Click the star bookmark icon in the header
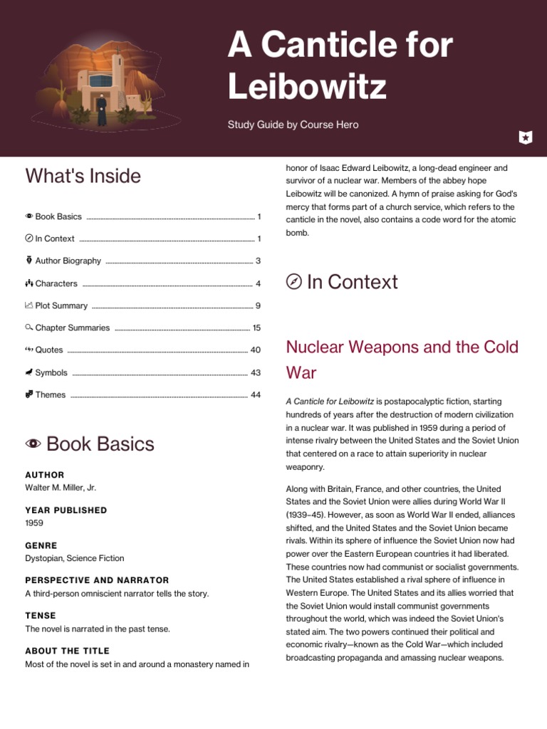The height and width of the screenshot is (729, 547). coord(525,137)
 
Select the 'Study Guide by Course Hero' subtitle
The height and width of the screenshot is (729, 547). coord(293,125)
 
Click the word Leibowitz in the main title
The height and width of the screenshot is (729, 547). coord(307,86)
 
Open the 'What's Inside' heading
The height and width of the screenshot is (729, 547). coord(83,176)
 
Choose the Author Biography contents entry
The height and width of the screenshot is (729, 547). coord(68,261)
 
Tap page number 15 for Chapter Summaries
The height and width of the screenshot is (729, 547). coord(256,328)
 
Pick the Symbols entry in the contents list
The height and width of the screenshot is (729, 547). coord(51,372)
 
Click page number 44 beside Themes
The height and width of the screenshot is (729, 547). coord(256,395)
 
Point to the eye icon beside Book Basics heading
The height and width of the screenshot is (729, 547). coord(33,444)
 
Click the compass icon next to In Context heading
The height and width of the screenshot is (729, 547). coord(293,282)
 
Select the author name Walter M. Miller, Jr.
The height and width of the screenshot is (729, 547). coord(61,488)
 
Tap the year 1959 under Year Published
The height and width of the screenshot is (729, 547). coord(34,523)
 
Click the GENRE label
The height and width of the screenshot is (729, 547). coord(41,545)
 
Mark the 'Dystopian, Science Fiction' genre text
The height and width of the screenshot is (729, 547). coord(74,558)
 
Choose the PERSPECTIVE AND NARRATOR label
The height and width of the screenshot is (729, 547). coord(97,580)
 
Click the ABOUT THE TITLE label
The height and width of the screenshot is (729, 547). coord(67,651)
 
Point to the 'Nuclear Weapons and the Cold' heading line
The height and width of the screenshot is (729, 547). coord(402,347)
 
